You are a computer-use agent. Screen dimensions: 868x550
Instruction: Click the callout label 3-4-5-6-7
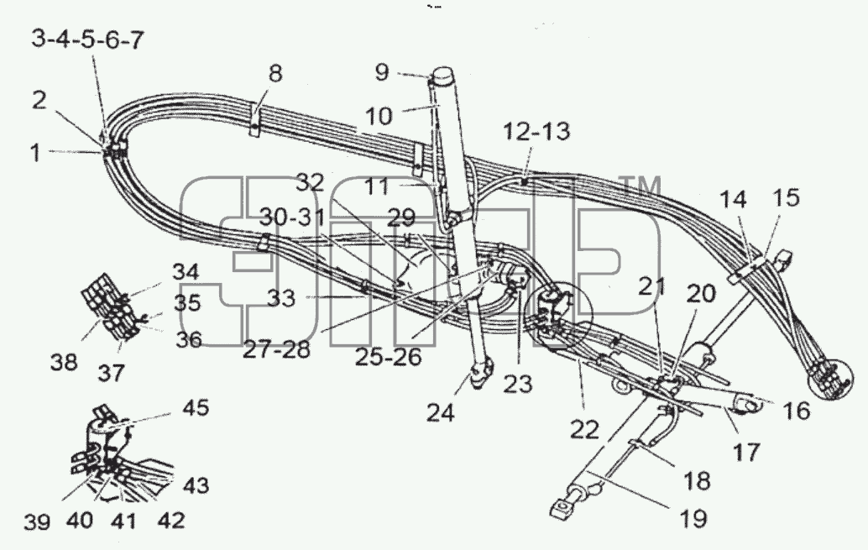coord(87,40)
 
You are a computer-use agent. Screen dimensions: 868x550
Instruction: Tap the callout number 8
coord(275,73)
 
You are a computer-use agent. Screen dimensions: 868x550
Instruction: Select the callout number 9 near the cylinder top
coord(382,72)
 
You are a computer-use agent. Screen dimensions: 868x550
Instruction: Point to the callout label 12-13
coord(536,132)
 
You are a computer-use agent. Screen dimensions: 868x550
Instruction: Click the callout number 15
coord(786,197)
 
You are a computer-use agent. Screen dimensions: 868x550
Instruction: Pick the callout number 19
coord(693,518)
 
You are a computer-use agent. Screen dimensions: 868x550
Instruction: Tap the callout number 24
coord(441,412)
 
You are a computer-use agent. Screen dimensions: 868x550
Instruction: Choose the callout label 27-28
coord(276,349)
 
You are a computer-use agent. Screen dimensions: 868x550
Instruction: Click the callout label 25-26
coord(388,357)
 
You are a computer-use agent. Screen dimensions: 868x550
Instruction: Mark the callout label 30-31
coord(294,217)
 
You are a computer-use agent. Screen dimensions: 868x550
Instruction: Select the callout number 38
coord(64,363)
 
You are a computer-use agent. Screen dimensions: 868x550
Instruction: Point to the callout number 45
coord(196,407)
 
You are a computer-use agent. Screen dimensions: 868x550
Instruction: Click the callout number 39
coord(37,521)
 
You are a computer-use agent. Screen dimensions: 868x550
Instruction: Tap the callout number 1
coord(35,153)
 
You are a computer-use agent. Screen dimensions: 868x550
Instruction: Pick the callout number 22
coord(584,429)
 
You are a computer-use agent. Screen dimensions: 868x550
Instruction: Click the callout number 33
coord(281,299)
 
